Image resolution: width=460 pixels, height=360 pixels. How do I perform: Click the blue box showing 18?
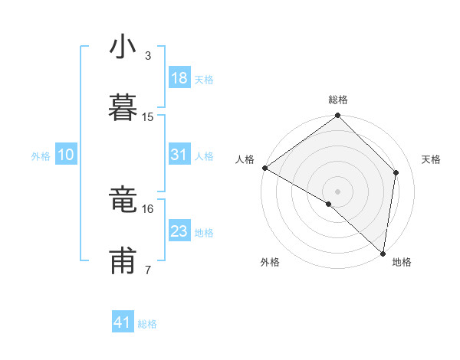point(179,78)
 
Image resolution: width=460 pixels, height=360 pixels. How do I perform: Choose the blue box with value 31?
point(179,155)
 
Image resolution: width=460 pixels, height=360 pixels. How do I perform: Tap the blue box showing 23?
point(179,231)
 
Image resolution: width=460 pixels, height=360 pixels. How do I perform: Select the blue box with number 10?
point(66,155)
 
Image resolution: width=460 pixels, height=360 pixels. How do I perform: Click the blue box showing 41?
point(123,322)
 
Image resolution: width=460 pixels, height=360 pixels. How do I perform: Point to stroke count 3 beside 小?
point(148,55)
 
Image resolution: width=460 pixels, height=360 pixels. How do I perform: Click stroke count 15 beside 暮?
point(148,116)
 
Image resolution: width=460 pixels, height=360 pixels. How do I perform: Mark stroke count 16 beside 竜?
point(148,208)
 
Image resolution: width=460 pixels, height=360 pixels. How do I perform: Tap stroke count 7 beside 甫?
point(148,270)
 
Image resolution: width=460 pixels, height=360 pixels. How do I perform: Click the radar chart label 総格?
point(338,100)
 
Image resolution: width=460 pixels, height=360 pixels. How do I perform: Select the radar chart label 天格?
point(431,159)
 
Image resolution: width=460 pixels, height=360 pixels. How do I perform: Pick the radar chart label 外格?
point(270,262)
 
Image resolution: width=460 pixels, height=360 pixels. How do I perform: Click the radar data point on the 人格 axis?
point(264,168)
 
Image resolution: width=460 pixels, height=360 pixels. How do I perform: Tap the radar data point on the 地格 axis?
point(383,253)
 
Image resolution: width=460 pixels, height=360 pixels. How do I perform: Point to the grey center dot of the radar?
point(338,191)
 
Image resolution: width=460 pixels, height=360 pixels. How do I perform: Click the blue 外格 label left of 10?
point(41,155)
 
